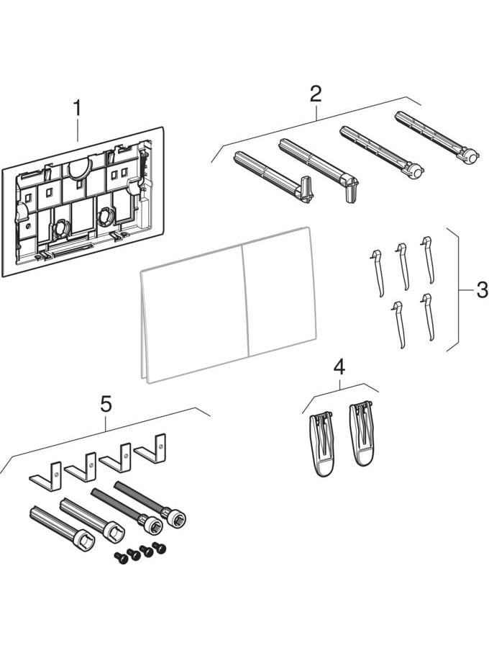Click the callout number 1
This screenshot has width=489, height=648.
(77, 110)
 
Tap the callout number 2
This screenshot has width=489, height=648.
(315, 94)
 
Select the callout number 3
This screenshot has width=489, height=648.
(481, 291)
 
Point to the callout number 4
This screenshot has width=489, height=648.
(339, 367)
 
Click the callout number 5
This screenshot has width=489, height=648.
(106, 404)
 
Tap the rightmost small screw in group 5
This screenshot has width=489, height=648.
(160, 549)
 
